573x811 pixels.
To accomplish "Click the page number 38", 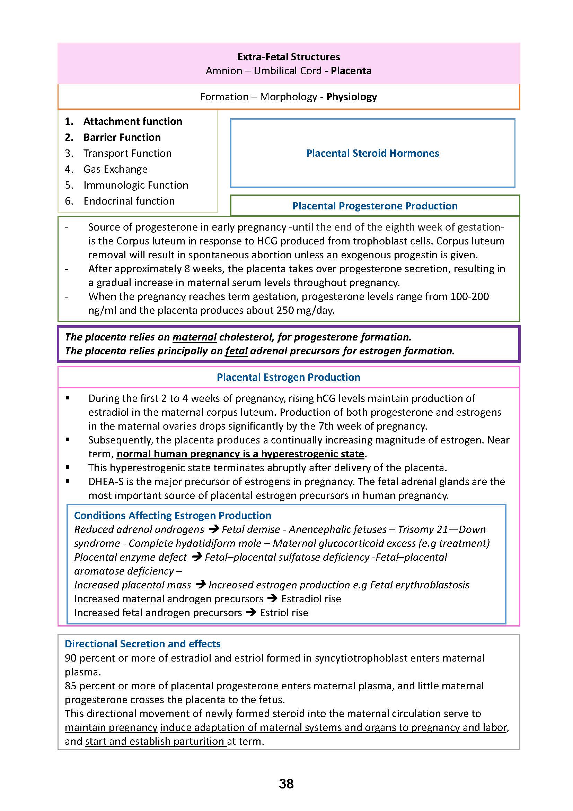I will point(286,784).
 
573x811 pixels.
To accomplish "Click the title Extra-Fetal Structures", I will point(288,57).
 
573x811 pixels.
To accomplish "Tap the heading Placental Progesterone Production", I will point(375,206).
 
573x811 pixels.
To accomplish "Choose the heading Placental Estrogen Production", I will point(288,377).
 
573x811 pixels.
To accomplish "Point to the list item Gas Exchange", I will point(115,169).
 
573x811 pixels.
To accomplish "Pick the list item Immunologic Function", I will point(135,185).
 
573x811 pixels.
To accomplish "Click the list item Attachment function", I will point(133,121).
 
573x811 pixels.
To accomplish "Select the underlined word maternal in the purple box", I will point(194,337).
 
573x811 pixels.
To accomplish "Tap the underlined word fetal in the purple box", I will point(236,351).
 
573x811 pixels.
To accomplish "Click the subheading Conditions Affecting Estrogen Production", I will point(173,515).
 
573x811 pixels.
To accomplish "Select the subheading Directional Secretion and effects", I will point(142,644).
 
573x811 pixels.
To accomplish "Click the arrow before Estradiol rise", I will point(272,599).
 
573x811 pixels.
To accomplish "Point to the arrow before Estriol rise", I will point(250,612).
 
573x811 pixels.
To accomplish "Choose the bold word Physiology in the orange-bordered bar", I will point(351,97).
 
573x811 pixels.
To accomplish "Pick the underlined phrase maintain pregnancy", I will point(111,728).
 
